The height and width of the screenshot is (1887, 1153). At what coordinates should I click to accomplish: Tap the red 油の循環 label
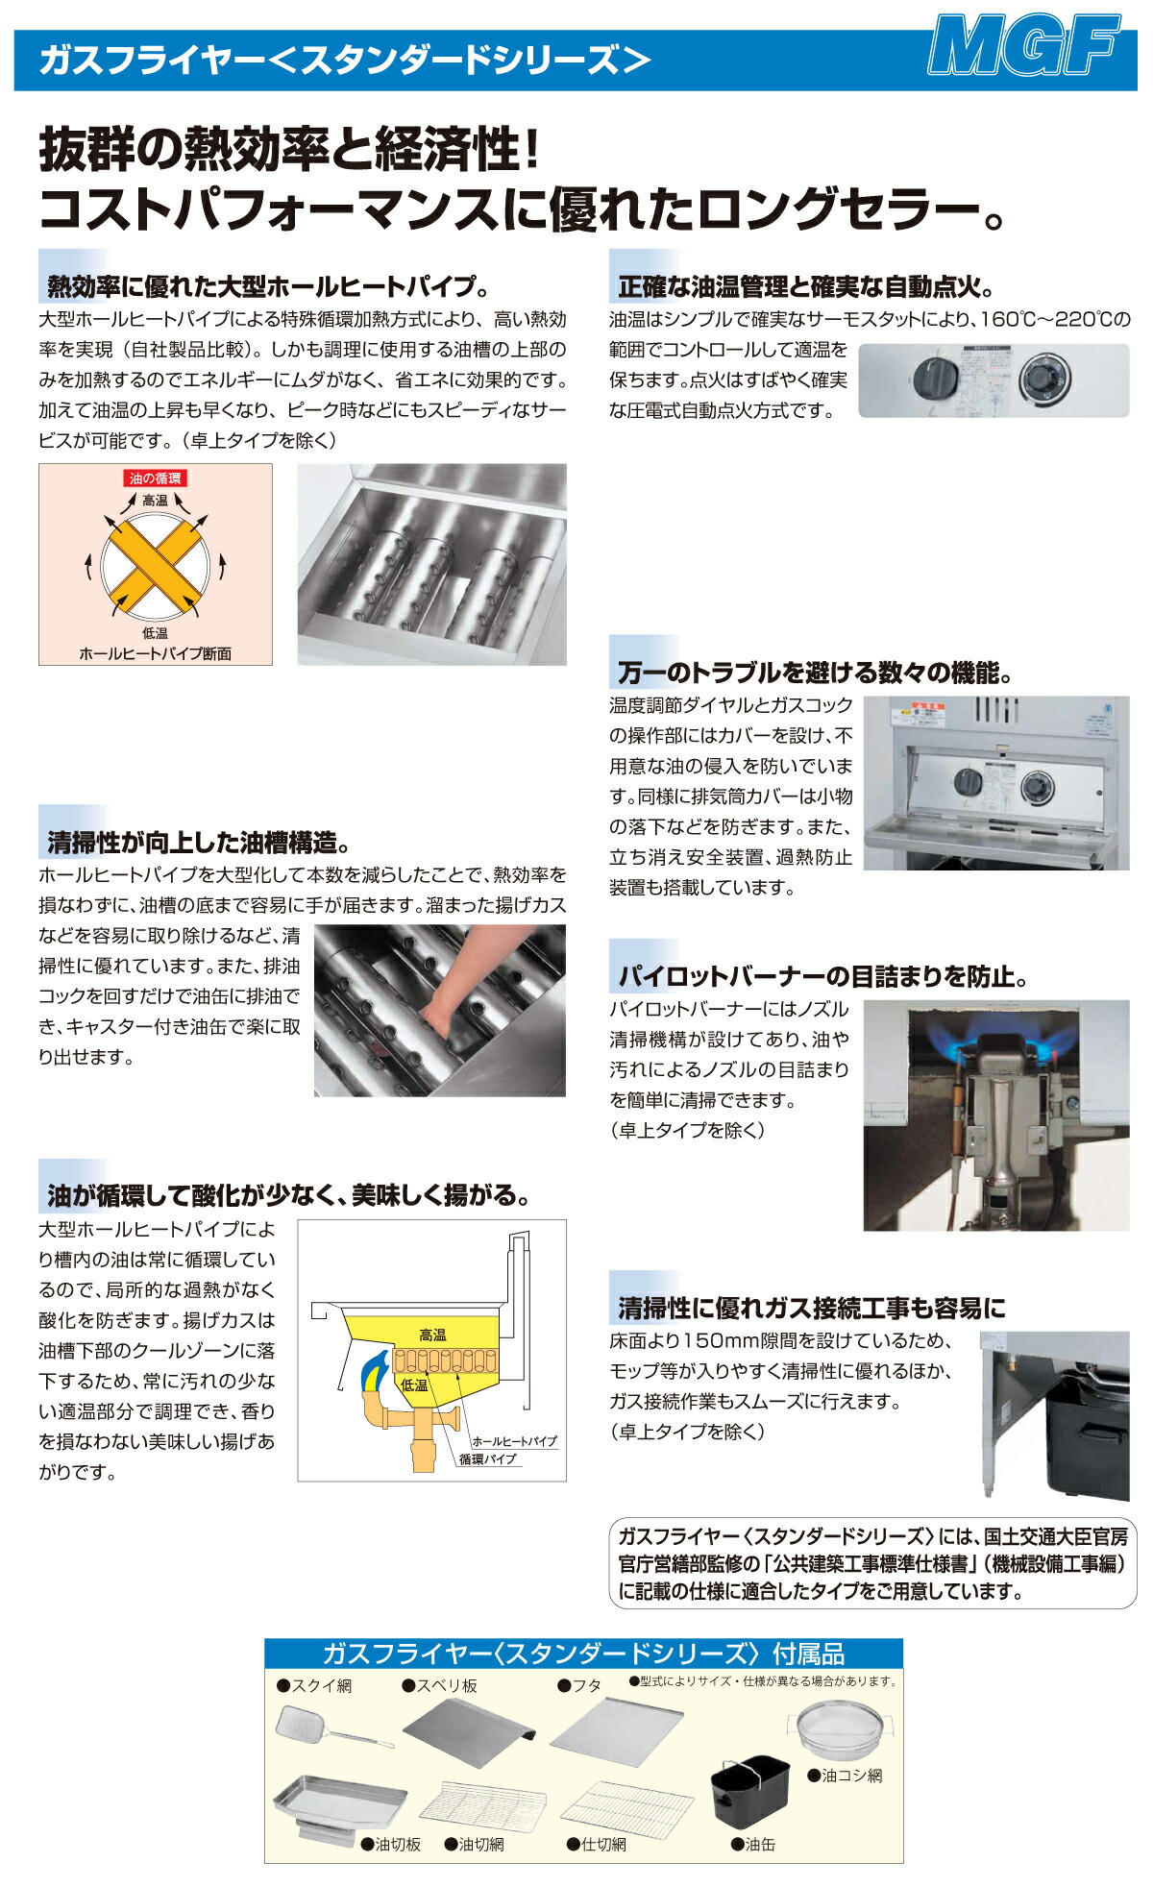pyautogui.click(x=156, y=478)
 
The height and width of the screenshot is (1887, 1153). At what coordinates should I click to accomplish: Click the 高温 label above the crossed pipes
pyautogui.click(x=155, y=500)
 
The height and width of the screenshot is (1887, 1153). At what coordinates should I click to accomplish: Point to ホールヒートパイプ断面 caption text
pyautogui.click(x=156, y=653)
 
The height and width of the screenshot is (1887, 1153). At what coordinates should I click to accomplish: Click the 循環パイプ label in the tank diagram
pyautogui.click(x=488, y=1458)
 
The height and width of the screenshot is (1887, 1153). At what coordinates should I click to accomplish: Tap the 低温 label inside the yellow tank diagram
pyautogui.click(x=414, y=1385)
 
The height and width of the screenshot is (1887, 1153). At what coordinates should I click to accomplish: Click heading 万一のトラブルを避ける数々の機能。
pyautogui.click(x=814, y=672)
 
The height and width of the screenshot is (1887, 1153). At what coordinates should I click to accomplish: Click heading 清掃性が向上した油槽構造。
pyautogui.click(x=198, y=843)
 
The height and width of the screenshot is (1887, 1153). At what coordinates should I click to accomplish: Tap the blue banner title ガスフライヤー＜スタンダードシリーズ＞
pyautogui.click(x=345, y=61)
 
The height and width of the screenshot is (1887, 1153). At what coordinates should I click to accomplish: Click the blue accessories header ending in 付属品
pyautogui.click(x=583, y=1654)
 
